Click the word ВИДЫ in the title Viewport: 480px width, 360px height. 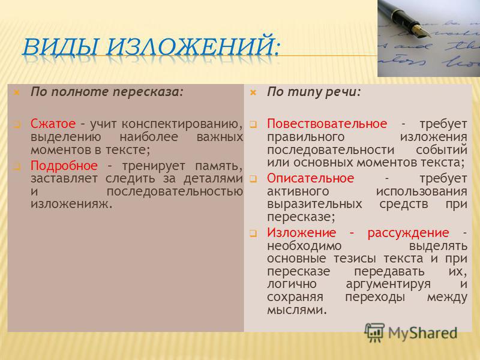point(60,46)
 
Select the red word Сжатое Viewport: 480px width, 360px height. point(53,124)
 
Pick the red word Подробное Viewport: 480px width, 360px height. point(64,166)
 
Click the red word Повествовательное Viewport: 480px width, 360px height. point(327,124)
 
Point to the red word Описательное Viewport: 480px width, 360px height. point(310,178)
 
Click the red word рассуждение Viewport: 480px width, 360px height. point(409,233)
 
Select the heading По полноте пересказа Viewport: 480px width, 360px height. point(107,92)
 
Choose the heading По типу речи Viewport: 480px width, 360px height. point(314,92)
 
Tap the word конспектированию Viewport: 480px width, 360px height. point(182,124)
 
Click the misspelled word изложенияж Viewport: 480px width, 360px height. point(71,204)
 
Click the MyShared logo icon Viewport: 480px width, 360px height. point(374,332)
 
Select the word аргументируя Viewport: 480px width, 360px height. point(388,284)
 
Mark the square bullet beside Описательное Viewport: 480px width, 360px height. point(253,179)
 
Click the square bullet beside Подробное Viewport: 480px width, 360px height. point(17,167)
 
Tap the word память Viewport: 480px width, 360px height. point(218,166)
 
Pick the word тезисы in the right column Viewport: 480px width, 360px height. point(355,259)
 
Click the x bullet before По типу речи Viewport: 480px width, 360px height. point(253,92)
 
